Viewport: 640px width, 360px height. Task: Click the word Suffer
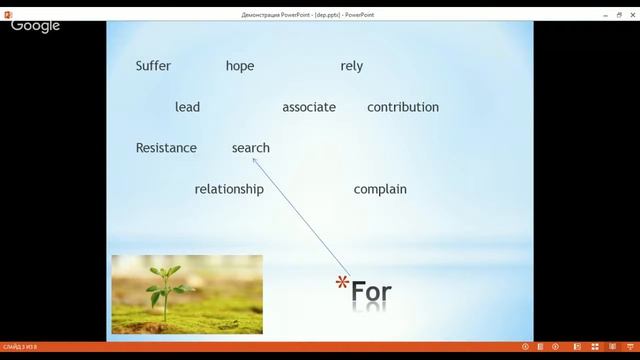tap(153, 66)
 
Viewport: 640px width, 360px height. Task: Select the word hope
tap(240, 66)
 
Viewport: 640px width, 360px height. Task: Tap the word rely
tap(351, 66)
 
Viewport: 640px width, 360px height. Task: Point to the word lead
tap(187, 107)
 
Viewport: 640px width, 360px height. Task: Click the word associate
tap(309, 107)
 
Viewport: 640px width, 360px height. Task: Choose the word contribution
tap(403, 107)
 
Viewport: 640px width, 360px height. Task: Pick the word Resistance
tap(166, 148)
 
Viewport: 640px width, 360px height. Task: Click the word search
tap(251, 148)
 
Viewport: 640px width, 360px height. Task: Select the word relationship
tap(229, 189)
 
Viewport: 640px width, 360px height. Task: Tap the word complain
tap(380, 189)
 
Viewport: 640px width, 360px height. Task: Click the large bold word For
tap(371, 292)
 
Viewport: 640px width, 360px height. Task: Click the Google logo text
tap(36, 26)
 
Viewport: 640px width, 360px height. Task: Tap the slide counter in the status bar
tap(20, 347)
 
